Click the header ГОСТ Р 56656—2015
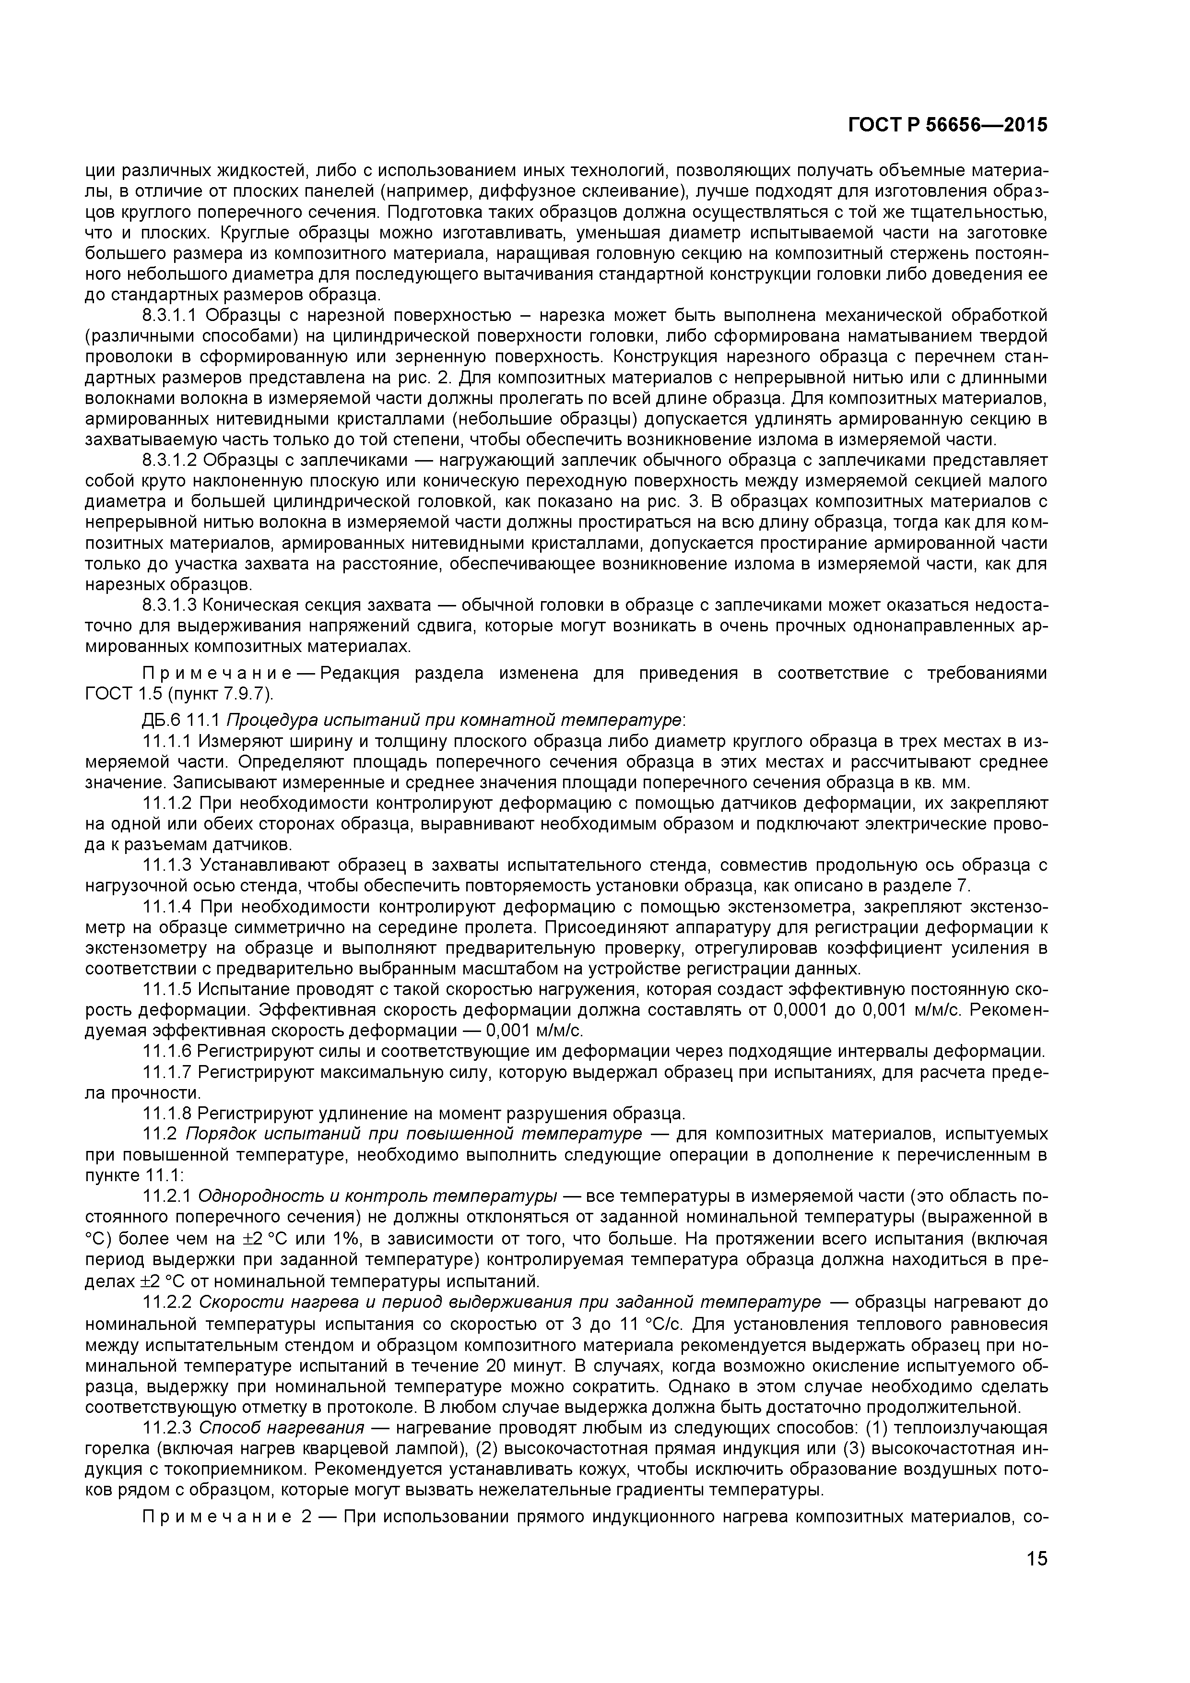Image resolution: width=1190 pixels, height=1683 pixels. (947, 125)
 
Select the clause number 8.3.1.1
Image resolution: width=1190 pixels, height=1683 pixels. (170, 316)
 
